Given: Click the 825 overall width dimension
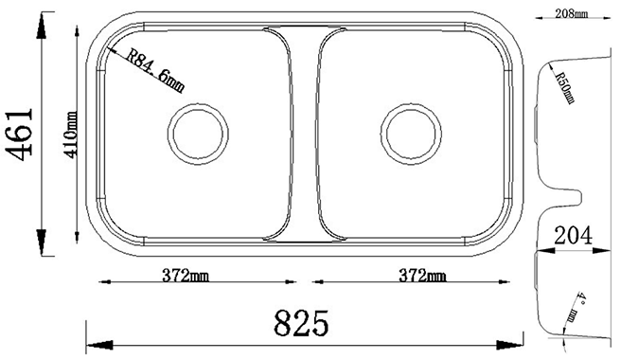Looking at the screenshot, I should pyautogui.click(x=302, y=323).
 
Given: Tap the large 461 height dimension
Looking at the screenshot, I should pyautogui.click(x=21, y=135).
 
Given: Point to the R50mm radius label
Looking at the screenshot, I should pyautogui.click(x=564, y=87).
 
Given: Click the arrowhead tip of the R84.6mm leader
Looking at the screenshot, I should pyautogui.click(x=112, y=47).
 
